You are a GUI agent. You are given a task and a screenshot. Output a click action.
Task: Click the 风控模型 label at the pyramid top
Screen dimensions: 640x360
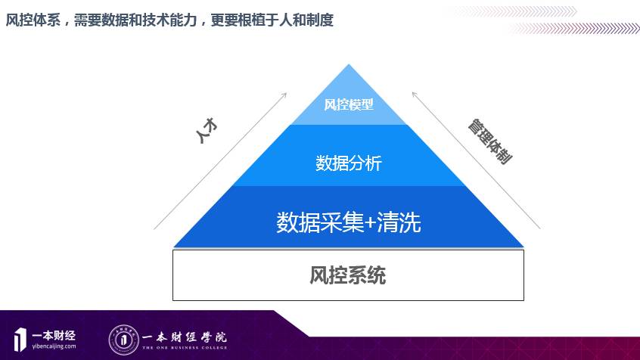349,105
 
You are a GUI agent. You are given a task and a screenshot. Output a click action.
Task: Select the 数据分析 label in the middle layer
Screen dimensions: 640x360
349,163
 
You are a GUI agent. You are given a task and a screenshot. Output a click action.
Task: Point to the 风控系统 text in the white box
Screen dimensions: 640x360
348,275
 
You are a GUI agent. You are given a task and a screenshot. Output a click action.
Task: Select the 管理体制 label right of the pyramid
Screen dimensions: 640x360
489,141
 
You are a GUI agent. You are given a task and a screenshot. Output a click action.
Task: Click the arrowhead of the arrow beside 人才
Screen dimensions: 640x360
284,95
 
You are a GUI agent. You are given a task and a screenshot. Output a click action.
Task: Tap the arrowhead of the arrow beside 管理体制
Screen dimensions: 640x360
414,95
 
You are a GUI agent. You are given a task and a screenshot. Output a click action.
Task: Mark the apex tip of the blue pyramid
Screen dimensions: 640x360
349,66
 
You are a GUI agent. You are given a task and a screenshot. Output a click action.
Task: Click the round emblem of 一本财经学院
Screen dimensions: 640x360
123,338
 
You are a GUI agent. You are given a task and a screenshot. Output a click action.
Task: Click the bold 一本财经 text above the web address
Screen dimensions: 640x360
54,334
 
